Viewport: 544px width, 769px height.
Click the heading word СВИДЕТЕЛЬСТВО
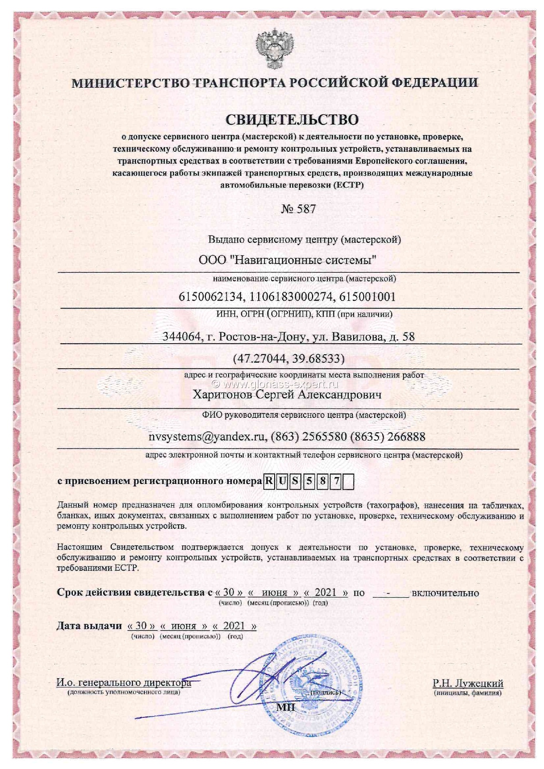pyautogui.click(x=292, y=119)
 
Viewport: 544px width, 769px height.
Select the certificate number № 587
pyautogui.click(x=298, y=209)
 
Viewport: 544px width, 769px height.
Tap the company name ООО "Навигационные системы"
pyautogui.click(x=288, y=260)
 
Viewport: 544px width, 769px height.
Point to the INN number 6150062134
pyautogui.click(x=211, y=297)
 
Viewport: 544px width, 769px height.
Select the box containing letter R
pyautogui.click(x=268, y=482)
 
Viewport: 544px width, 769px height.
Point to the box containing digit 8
pyautogui.click(x=322, y=482)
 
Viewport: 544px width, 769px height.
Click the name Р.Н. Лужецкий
pyautogui.click(x=468, y=683)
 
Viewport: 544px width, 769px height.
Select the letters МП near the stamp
pyautogui.click(x=286, y=707)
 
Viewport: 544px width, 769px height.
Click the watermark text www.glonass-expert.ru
pyautogui.click(x=280, y=384)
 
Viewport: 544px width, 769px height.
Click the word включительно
pyautogui.click(x=445, y=593)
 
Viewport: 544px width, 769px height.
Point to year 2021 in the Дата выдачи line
pyautogui.click(x=234, y=626)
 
